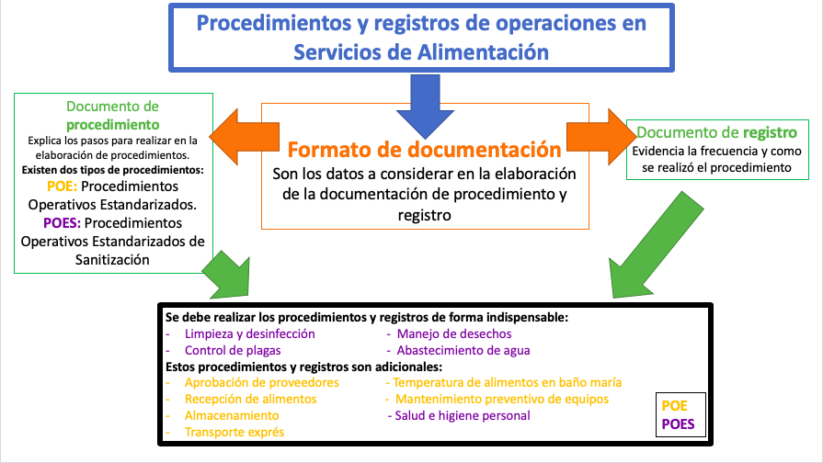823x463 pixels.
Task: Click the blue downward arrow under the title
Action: click(425, 105)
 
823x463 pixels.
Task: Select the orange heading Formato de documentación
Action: click(424, 150)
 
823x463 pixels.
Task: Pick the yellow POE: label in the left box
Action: click(62, 186)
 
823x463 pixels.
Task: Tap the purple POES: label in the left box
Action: click(62, 223)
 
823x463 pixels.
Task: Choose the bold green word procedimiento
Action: click(113, 125)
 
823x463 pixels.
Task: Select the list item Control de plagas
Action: click(233, 350)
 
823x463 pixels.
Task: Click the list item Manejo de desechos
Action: click(454, 334)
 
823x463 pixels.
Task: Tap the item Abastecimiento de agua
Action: click(463, 350)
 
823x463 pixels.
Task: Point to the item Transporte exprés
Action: click(234, 432)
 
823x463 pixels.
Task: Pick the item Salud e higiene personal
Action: click(463, 416)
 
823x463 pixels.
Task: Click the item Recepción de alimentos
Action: click(250, 399)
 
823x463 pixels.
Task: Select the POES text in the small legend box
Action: click(678, 424)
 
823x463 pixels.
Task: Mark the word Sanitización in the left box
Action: click(112, 260)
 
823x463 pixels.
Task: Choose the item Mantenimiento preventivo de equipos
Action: click(502, 399)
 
